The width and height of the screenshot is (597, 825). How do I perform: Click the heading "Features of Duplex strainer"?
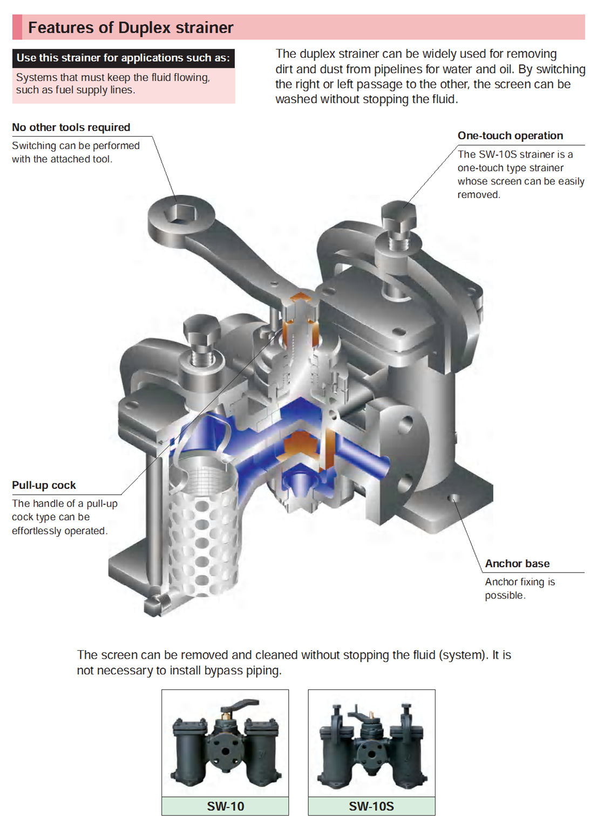tap(131, 28)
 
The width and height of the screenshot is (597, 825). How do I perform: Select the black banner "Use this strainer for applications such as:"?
tap(123, 58)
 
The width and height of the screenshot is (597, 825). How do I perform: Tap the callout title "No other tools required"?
tap(71, 127)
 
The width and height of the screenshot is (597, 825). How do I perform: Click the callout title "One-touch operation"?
tap(510, 135)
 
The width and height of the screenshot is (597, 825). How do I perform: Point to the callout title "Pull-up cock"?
tap(44, 485)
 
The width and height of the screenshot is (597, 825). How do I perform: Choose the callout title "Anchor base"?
tap(517, 563)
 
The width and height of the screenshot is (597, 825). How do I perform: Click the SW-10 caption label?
tap(225, 806)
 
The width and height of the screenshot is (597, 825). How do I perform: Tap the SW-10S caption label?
tap(371, 806)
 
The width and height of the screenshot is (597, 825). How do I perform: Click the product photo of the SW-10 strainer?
tap(225, 743)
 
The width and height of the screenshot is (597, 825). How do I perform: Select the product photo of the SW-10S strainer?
tap(371, 743)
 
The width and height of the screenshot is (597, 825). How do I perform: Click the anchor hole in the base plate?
tap(454, 498)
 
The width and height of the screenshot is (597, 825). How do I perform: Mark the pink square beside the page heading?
tap(17, 28)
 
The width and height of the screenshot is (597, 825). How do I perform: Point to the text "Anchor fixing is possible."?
tap(519, 589)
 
